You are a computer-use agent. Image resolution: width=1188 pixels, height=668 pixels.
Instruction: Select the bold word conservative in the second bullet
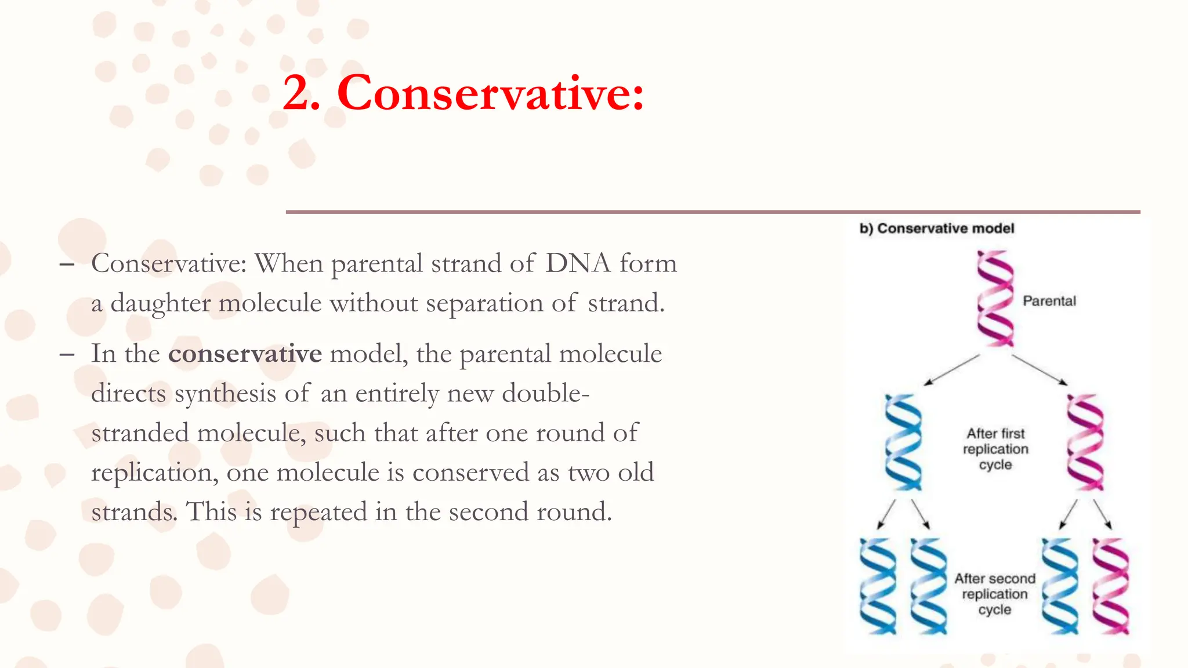[x=245, y=354]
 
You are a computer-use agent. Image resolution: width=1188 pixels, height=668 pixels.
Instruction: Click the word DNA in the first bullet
[x=578, y=264]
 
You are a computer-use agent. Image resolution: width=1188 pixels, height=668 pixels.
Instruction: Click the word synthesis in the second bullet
[x=225, y=394]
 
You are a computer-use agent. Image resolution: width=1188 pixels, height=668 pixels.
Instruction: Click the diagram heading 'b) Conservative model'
[x=937, y=228]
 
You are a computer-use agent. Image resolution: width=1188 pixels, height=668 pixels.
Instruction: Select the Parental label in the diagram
[x=1049, y=301]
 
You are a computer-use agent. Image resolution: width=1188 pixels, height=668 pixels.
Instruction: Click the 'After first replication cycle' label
[x=995, y=449]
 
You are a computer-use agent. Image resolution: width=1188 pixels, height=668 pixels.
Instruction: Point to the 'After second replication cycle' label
[x=995, y=594]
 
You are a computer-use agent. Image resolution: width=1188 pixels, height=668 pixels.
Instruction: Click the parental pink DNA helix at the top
[x=995, y=299]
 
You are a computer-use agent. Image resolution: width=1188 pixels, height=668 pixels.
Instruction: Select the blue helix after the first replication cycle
[x=903, y=442]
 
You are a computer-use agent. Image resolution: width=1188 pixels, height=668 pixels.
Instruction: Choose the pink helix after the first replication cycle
[x=1085, y=442]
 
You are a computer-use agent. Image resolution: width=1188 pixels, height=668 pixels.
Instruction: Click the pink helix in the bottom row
[x=1111, y=586]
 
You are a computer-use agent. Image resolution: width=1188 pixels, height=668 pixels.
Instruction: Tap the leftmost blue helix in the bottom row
[x=878, y=586]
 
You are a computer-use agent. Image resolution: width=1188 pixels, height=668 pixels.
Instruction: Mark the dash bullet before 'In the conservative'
[x=67, y=354]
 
